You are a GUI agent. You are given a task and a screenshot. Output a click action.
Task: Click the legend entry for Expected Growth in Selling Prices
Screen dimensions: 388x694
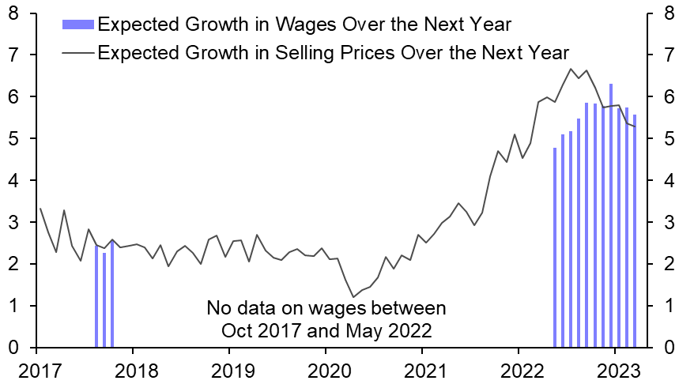pyautogui.click(x=332, y=54)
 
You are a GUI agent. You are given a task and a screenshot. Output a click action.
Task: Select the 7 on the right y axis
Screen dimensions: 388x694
pyautogui.click(x=669, y=55)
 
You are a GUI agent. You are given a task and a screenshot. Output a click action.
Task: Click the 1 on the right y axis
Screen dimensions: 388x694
pyautogui.click(x=669, y=306)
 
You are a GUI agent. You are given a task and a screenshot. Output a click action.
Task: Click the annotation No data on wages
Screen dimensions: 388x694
pyautogui.click(x=326, y=317)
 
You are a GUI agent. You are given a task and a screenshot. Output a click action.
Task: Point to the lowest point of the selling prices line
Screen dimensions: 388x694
pyautogui.click(x=353, y=297)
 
